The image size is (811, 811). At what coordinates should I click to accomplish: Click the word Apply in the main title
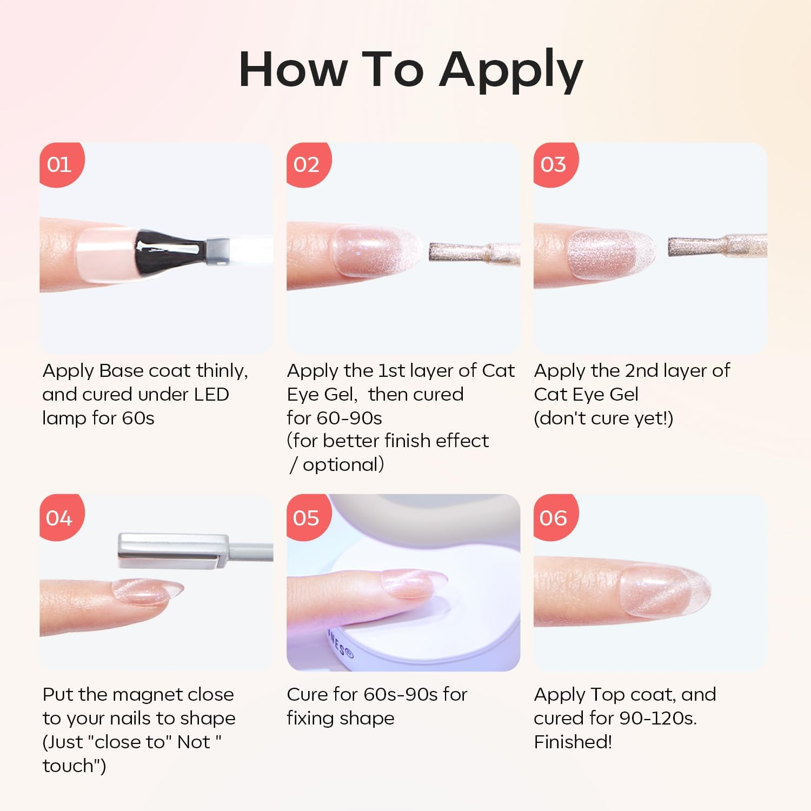click(511, 70)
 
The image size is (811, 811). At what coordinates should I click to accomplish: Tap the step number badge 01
click(61, 164)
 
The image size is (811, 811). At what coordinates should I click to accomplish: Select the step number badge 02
click(308, 164)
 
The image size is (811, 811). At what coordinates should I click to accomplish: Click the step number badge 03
click(555, 164)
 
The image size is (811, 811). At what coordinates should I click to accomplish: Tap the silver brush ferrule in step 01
click(217, 250)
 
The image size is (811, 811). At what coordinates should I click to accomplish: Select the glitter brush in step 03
click(717, 247)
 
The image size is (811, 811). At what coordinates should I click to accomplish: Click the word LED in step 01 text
click(211, 394)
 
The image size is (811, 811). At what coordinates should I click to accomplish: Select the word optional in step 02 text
click(343, 465)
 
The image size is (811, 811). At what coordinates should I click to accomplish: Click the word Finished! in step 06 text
click(573, 741)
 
